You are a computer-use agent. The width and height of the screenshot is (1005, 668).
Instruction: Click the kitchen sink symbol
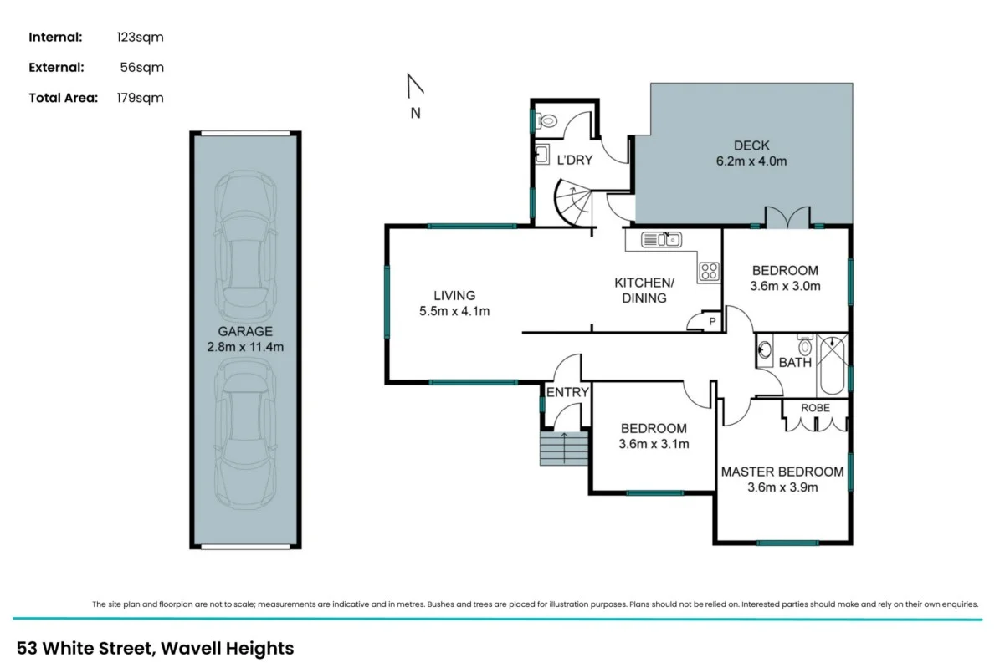[660, 241]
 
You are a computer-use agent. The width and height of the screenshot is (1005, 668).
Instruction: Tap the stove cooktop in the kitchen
[709, 271]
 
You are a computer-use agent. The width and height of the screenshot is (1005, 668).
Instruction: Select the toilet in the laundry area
[548, 122]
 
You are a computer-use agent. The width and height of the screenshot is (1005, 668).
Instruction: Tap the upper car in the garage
[244, 242]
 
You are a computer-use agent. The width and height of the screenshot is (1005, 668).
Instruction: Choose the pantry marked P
[712, 322]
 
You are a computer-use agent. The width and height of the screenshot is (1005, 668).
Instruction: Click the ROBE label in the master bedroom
[815, 408]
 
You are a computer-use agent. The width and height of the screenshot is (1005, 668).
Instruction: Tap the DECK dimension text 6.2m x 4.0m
[751, 161]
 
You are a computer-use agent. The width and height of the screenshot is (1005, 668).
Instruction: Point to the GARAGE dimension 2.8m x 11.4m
[244, 347]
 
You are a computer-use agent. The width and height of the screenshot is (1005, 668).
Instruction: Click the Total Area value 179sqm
[141, 98]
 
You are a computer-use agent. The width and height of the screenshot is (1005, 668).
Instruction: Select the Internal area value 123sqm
[141, 37]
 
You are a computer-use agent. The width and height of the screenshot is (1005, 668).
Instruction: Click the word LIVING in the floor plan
[454, 295]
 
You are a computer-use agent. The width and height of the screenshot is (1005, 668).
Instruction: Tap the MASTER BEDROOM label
[782, 472]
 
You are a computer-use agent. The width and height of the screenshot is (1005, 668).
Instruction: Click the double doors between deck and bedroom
[788, 217]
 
